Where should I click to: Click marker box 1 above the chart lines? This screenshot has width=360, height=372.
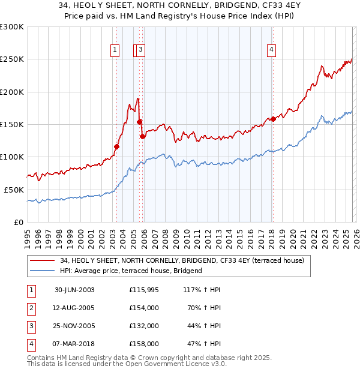point(115,50)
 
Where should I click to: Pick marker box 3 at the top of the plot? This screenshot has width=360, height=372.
point(140,50)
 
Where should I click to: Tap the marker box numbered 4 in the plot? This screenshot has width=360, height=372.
point(272,50)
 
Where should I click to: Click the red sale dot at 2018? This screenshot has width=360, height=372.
point(273,119)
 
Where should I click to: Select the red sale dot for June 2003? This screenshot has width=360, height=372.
point(117,146)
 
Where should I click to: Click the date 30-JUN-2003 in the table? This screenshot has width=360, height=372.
point(74,290)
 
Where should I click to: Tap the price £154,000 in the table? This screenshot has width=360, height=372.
point(144,308)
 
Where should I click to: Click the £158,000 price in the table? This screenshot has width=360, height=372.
point(144,344)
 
